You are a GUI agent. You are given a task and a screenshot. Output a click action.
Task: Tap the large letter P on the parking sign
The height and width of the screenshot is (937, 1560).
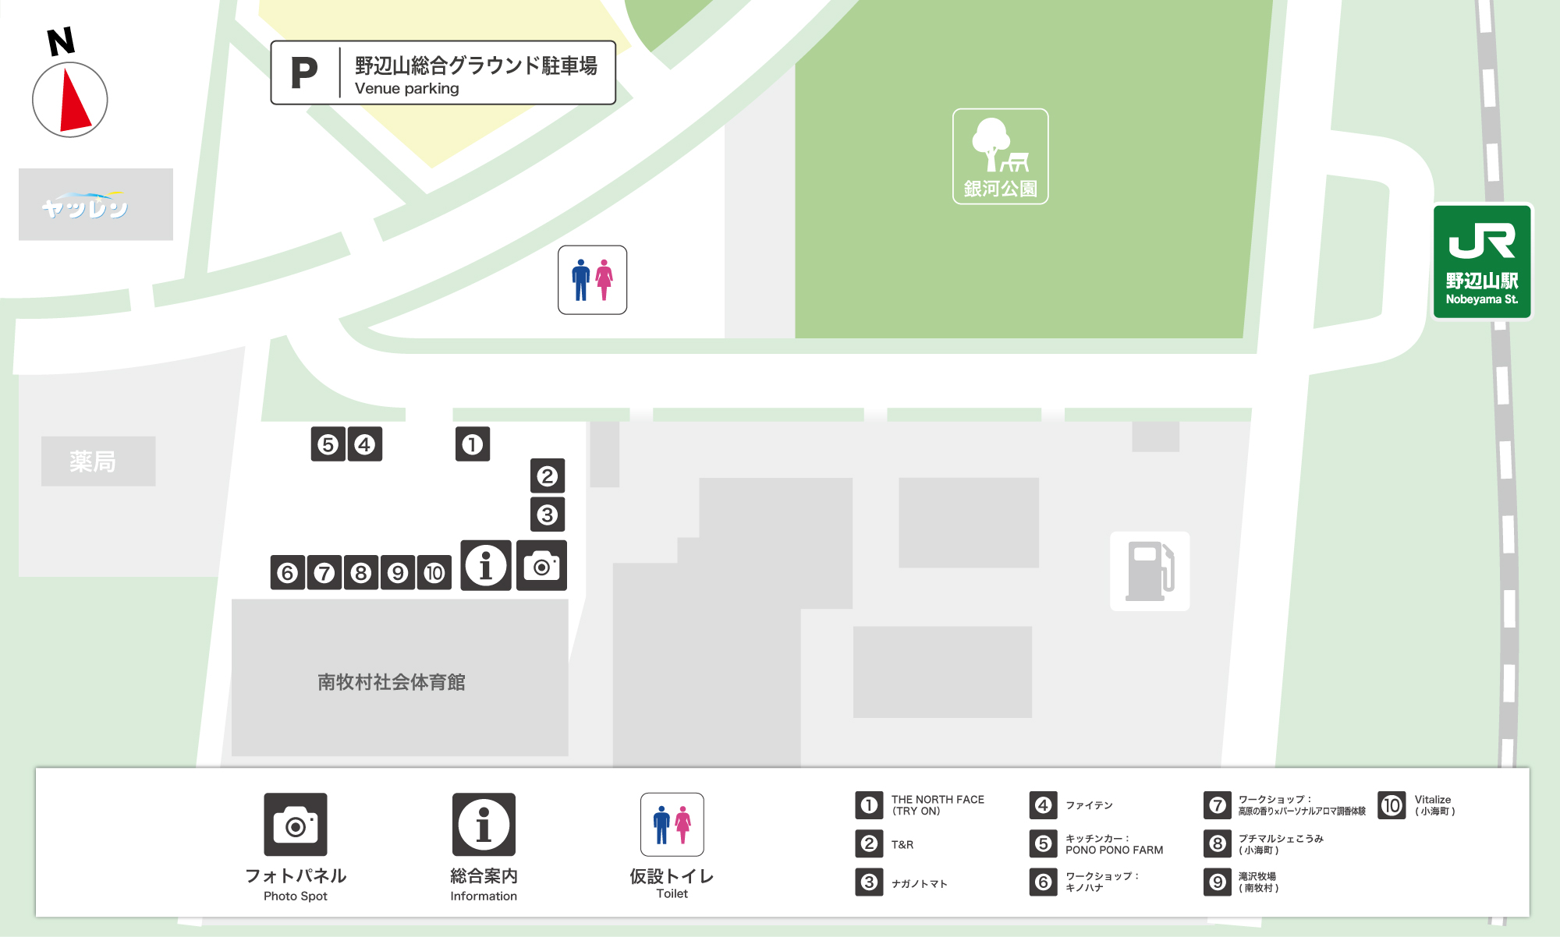pyautogui.click(x=304, y=73)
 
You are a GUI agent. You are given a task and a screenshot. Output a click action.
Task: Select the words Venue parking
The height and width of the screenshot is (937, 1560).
pyautogui.click(x=406, y=89)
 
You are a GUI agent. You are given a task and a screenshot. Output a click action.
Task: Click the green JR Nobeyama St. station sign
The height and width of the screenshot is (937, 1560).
pyautogui.click(x=1482, y=262)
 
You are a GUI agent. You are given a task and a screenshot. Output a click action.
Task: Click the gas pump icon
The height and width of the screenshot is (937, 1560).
pyautogui.click(x=1150, y=571)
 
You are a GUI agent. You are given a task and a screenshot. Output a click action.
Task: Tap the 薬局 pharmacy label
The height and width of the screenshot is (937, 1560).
pyautogui.click(x=93, y=461)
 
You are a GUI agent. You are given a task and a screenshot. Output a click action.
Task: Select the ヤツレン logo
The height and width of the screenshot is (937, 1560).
pyautogui.click(x=86, y=205)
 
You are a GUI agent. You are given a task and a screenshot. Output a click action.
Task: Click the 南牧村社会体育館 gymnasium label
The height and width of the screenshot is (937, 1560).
pyautogui.click(x=391, y=682)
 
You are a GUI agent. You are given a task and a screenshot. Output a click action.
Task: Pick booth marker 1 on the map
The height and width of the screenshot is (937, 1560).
pyautogui.click(x=472, y=444)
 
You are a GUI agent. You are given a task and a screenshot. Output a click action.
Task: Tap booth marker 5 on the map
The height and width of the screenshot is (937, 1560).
pyautogui.click(x=328, y=444)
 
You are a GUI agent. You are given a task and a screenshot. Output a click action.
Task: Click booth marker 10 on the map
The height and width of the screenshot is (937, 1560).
pyautogui.click(x=434, y=573)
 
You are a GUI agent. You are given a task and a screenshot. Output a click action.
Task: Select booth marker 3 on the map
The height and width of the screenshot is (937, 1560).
pyautogui.click(x=547, y=514)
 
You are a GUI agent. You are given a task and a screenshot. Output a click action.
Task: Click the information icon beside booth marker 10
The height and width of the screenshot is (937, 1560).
pyautogui.click(x=485, y=565)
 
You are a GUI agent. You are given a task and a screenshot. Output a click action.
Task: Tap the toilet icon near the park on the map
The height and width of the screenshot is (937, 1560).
pyautogui.click(x=592, y=280)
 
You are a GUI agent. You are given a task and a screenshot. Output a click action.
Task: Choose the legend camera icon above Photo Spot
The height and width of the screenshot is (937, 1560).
pyautogui.click(x=296, y=824)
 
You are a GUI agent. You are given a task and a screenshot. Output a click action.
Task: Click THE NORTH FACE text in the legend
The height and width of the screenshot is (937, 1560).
pyautogui.click(x=938, y=799)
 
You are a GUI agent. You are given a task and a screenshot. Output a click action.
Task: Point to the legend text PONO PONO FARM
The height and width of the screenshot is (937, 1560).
pyautogui.click(x=1114, y=850)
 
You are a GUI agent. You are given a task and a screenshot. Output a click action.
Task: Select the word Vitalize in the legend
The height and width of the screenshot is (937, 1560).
pyautogui.click(x=1433, y=799)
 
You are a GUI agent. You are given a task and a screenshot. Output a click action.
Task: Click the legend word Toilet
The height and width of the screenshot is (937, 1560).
pyautogui.click(x=672, y=893)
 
